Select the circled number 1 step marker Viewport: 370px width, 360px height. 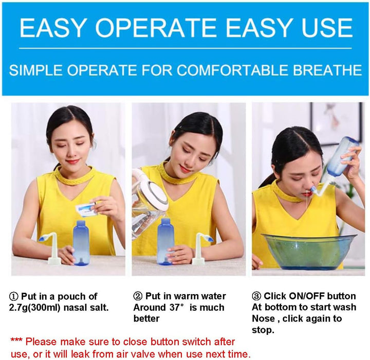tap(14, 296)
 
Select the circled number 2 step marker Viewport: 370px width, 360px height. tap(138, 296)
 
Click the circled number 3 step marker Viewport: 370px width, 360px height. tap(256, 296)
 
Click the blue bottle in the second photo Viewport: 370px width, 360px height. tap(164, 241)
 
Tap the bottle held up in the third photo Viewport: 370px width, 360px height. tap(341, 157)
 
